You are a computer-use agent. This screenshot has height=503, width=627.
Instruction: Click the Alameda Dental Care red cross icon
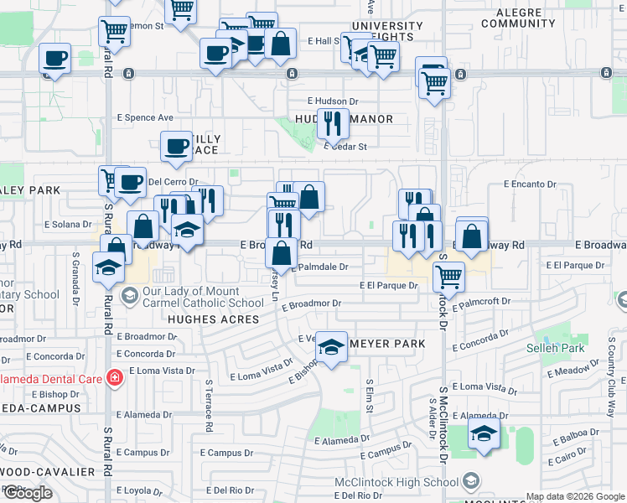(115, 378)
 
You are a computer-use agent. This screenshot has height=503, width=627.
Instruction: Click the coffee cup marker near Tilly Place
(176, 146)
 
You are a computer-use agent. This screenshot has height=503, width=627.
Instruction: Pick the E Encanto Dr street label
(530, 184)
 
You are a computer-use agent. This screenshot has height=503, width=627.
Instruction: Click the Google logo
(28, 493)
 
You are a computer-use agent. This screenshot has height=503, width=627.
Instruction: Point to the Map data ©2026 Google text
(576, 496)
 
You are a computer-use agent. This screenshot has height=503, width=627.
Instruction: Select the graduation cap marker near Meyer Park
(332, 347)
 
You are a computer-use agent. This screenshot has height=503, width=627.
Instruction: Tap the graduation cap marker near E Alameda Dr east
(484, 433)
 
